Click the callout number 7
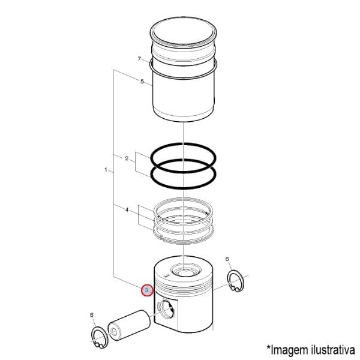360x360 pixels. (139, 59)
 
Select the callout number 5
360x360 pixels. (142, 81)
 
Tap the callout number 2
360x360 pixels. (127, 158)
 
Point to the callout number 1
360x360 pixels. (106, 170)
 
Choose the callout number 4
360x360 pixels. (127, 209)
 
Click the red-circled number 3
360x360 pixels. (147, 290)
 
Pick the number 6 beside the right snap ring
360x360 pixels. (227, 259)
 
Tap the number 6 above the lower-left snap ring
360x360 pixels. (92, 315)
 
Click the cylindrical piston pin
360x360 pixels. (129, 324)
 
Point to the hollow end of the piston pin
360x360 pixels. (115, 332)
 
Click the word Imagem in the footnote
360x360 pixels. (289, 350)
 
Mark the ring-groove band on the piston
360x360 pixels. (184, 284)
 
